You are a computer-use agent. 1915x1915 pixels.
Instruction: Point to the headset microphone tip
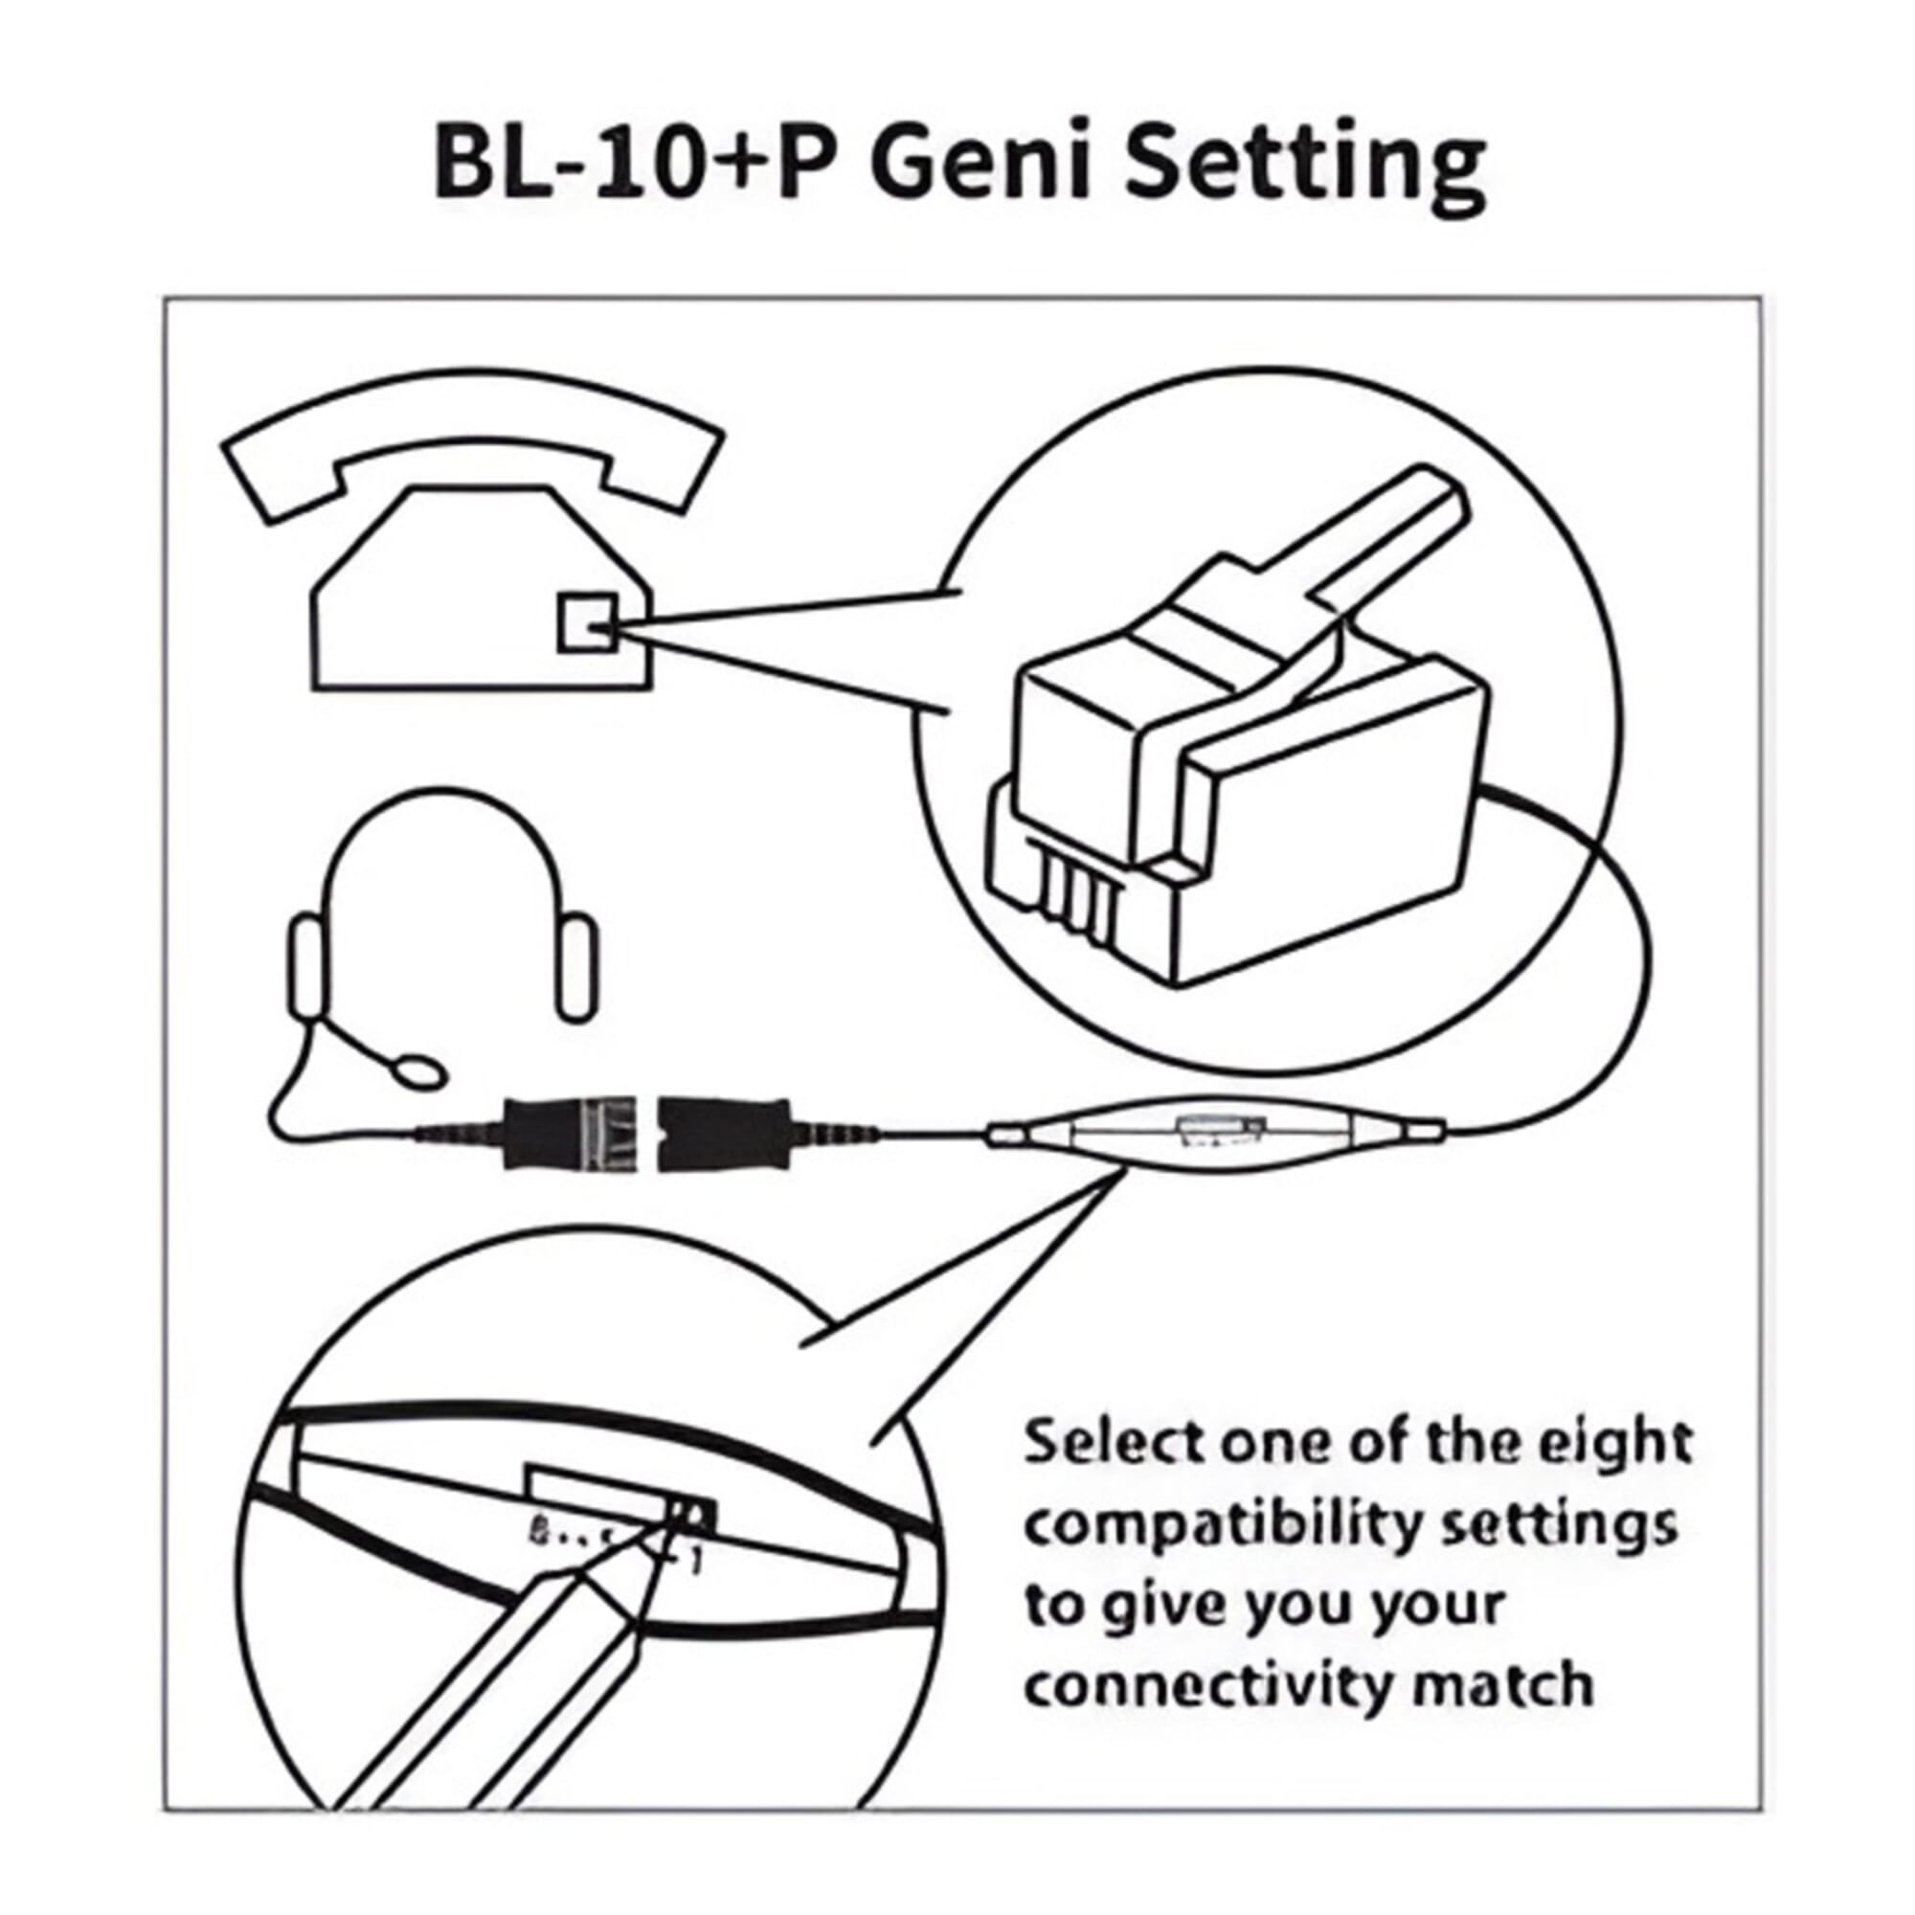(x=416, y=1070)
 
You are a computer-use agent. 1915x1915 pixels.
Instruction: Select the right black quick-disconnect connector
(x=727, y=1131)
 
